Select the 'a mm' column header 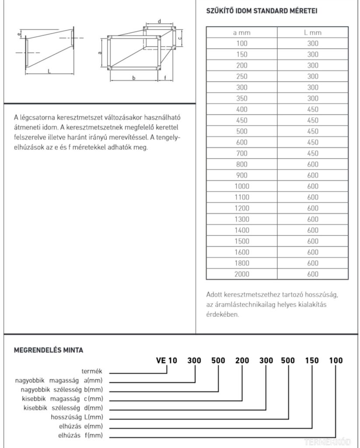(241, 33)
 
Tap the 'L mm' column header (312, 33)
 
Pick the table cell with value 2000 (241, 274)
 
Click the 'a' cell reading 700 (241, 153)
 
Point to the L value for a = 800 (312, 164)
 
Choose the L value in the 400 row (312, 109)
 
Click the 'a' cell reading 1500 (241, 241)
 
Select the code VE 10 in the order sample (167, 360)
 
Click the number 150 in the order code (312, 360)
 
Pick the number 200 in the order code (242, 360)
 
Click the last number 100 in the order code (336, 360)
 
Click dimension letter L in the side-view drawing (49, 70)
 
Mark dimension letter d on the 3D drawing (159, 21)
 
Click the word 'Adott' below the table (214, 294)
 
